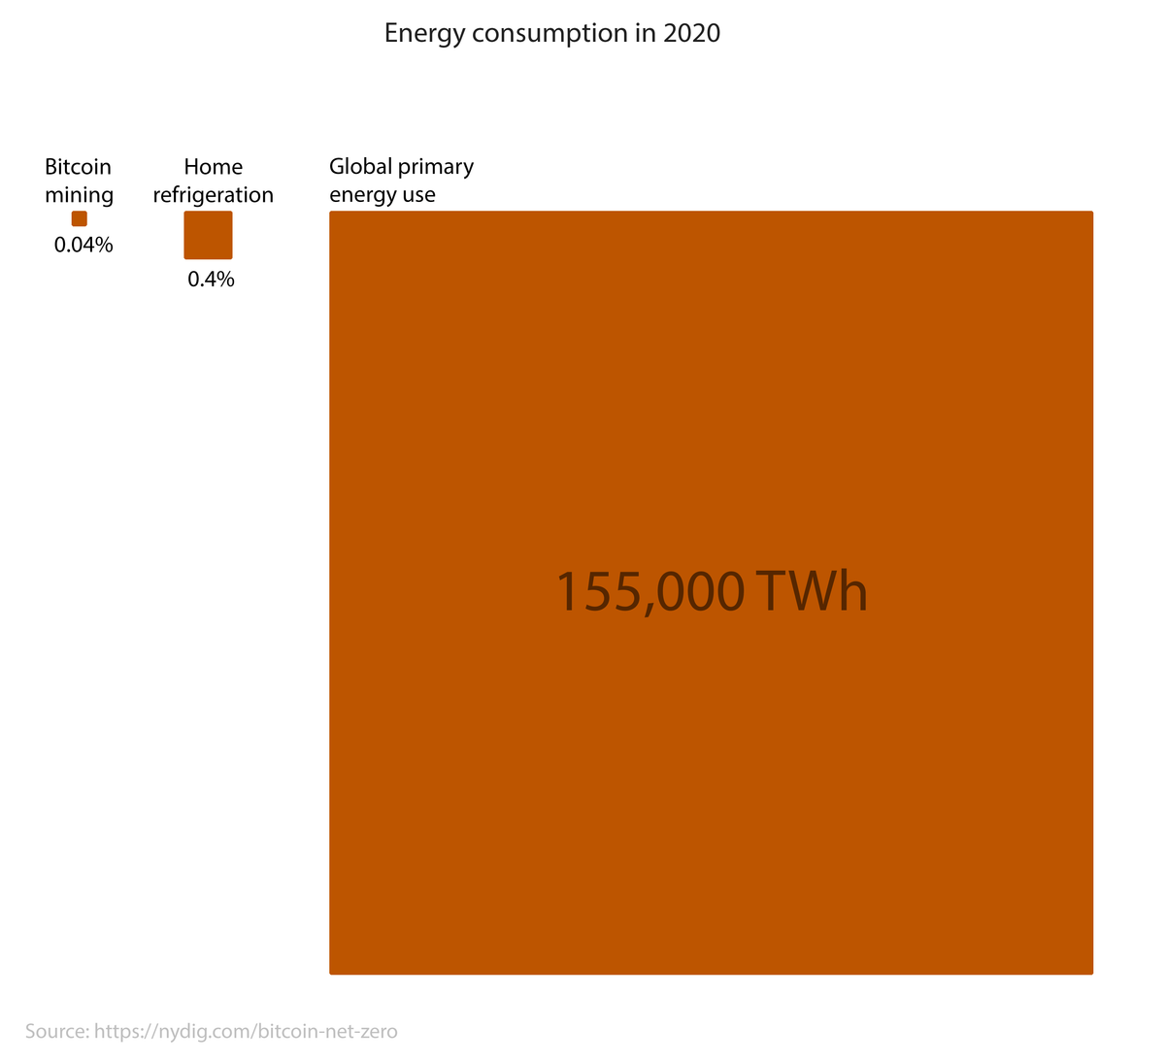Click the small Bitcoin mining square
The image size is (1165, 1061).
coord(80,219)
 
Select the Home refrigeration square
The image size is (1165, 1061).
coord(208,235)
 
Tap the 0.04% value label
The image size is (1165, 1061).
coord(83,246)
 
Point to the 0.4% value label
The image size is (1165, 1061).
coord(212,281)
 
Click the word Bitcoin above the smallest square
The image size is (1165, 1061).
coord(78,167)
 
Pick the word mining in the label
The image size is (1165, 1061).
coord(80,195)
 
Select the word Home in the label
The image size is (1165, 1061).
coord(213,167)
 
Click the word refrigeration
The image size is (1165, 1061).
coord(213,195)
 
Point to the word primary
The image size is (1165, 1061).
coord(437,168)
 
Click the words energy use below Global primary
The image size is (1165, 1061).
coord(383,195)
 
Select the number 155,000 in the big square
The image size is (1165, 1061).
coord(649,591)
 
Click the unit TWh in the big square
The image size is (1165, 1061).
coord(811,591)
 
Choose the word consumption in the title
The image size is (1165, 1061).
coord(544,34)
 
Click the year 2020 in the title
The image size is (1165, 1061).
coord(692,34)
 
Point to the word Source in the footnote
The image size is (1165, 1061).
coord(56,1031)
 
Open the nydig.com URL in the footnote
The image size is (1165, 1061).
coord(246,1031)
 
